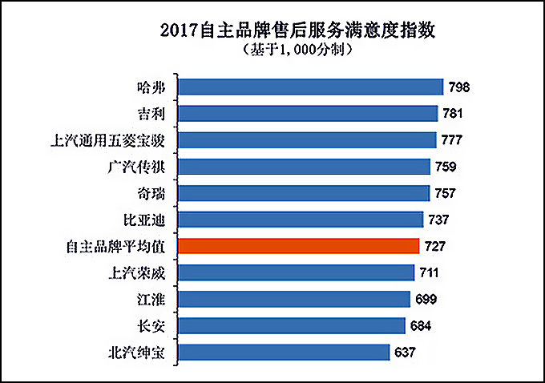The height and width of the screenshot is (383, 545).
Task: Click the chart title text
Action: pyautogui.click(x=297, y=30)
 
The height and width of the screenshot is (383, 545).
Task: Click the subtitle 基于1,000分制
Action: pyautogui.click(x=298, y=50)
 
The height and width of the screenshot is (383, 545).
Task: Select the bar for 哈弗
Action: pyautogui.click(x=311, y=87)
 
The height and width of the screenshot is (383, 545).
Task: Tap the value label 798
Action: pyautogui.click(x=458, y=87)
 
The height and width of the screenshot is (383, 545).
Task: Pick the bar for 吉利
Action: pyautogui.click(x=308, y=113)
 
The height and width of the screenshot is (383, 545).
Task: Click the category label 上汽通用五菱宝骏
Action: pyautogui.click(x=107, y=141)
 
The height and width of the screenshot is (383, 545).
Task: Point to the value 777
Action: pyautogui.click(x=451, y=139)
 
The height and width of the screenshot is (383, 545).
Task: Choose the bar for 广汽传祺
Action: pyautogui.click(x=304, y=167)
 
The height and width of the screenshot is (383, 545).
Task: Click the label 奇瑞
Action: pyautogui.click(x=151, y=194)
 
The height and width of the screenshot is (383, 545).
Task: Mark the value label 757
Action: pyautogui.click(x=445, y=193)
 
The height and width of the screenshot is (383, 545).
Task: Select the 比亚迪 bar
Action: pyautogui.click(x=301, y=220)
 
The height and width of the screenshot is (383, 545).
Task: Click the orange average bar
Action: pyautogui.click(x=299, y=246)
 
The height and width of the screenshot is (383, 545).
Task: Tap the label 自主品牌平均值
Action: pyautogui.click(x=115, y=247)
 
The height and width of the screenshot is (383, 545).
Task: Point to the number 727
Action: pyautogui.click(x=434, y=246)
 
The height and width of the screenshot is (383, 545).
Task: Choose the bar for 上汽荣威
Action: pyautogui.click(x=296, y=272)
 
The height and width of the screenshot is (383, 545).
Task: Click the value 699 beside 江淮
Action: pyautogui.click(x=426, y=299)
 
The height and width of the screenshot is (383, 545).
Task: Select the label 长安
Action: pyautogui.click(x=151, y=326)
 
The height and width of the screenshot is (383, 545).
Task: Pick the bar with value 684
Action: pyautogui.click(x=292, y=325)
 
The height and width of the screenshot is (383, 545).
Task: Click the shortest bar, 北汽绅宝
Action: pyautogui.click(x=284, y=352)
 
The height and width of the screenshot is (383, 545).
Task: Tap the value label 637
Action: pyautogui.click(x=405, y=352)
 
